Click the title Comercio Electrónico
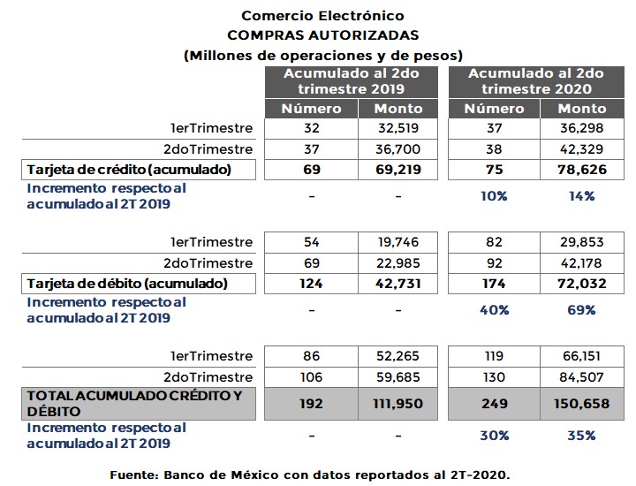(322, 16)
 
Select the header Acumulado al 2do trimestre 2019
(351, 81)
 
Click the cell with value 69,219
(398, 170)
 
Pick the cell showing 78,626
(582, 170)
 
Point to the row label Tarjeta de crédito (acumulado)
(129, 170)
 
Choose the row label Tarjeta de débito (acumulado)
(127, 284)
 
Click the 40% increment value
(494, 310)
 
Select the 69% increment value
(582, 310)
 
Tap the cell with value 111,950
(398, 403)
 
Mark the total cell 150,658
(582, 403)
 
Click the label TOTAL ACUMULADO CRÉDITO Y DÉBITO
(134, 403)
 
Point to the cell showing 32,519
(398, 128)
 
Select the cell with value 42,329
(582, 149)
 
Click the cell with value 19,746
(398, 242)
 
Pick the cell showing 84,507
(582, 377)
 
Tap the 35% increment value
(582, 436)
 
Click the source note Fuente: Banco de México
(310, 475)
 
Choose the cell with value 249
(494, 403)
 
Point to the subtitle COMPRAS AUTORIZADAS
(322, 35)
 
